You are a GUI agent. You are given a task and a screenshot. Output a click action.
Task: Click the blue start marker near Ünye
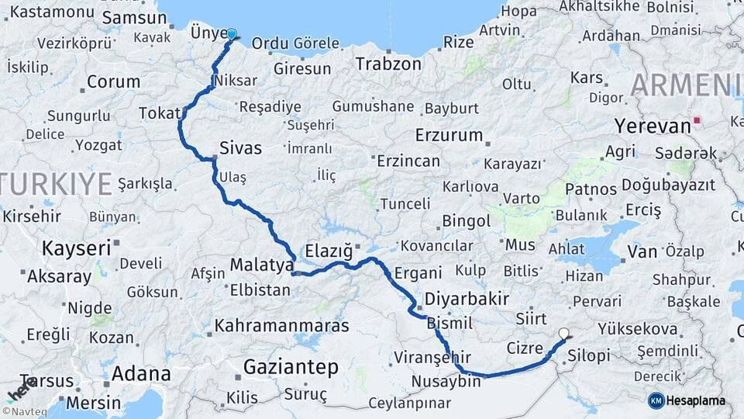click(231, 34)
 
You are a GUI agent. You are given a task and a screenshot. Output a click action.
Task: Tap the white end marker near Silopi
click(563, 334)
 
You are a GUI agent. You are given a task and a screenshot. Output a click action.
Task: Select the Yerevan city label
click(652, 126)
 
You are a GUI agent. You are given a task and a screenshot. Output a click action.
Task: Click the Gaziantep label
click(291, 366)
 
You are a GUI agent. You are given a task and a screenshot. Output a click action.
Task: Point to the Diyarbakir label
click(467, 299)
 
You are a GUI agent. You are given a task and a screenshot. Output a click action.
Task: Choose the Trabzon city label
click(388, 64)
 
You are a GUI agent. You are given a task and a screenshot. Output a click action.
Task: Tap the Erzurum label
click(449, 135)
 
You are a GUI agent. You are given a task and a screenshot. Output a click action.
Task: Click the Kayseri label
click(76, 248)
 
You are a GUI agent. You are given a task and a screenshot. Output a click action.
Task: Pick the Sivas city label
click(240, 147)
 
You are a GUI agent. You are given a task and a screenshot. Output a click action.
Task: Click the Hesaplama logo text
click(697, 400)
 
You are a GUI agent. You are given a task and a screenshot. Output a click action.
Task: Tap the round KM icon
click(656, 400)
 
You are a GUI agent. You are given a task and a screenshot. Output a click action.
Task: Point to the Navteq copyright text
click(27, 411)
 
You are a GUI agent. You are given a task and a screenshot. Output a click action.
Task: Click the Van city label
click(642, 251)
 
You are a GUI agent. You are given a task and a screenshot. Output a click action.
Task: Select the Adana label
click(141, 373)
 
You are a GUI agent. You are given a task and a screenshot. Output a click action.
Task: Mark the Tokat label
click(159, 113)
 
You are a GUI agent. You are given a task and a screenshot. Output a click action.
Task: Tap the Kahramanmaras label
click(282, 325)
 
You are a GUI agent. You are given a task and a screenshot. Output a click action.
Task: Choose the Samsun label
click(129, 17)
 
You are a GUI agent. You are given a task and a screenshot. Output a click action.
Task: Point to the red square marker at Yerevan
click(697, 120)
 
